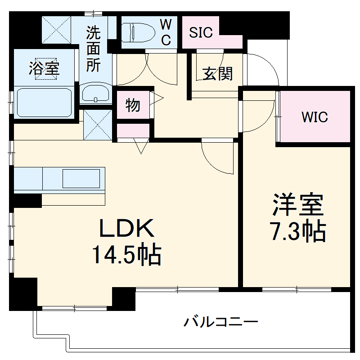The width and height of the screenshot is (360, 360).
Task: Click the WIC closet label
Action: (x=315, y=117)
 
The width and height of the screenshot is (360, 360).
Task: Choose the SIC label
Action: (x=201, y=32)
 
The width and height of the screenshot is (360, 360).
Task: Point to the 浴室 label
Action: (x=44, y=70)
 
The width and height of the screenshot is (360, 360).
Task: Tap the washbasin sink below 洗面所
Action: (x=95, y=94)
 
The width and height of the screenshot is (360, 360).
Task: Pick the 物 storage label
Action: (x=133, y=106)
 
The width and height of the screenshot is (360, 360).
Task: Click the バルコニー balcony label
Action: (x=220, y=322)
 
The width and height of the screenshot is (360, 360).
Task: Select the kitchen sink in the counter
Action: (x=81, y=179)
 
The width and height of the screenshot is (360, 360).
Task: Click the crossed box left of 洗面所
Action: (x=57, y=30)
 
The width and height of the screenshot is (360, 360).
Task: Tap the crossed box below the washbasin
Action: (x=97, y=125)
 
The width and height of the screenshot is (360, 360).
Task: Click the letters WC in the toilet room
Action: (x=166, y=32)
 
